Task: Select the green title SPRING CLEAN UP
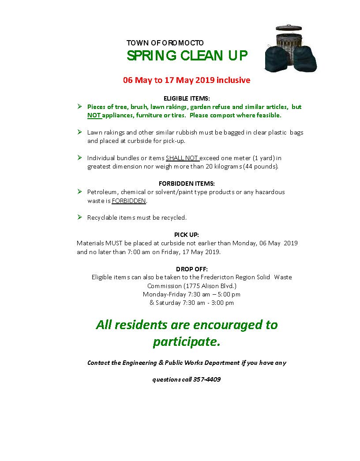[187, 56]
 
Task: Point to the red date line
[187, 80]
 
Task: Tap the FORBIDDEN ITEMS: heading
[187, 184]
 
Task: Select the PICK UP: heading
[187, 235]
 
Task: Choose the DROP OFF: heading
[191, 269]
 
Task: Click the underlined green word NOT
[94, 116]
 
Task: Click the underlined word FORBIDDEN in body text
[128, 201]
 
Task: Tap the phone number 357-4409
[207, 379]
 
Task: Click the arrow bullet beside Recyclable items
[79, 217]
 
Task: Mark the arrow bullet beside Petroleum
[79, 192]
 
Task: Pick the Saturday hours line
[191, 303]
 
